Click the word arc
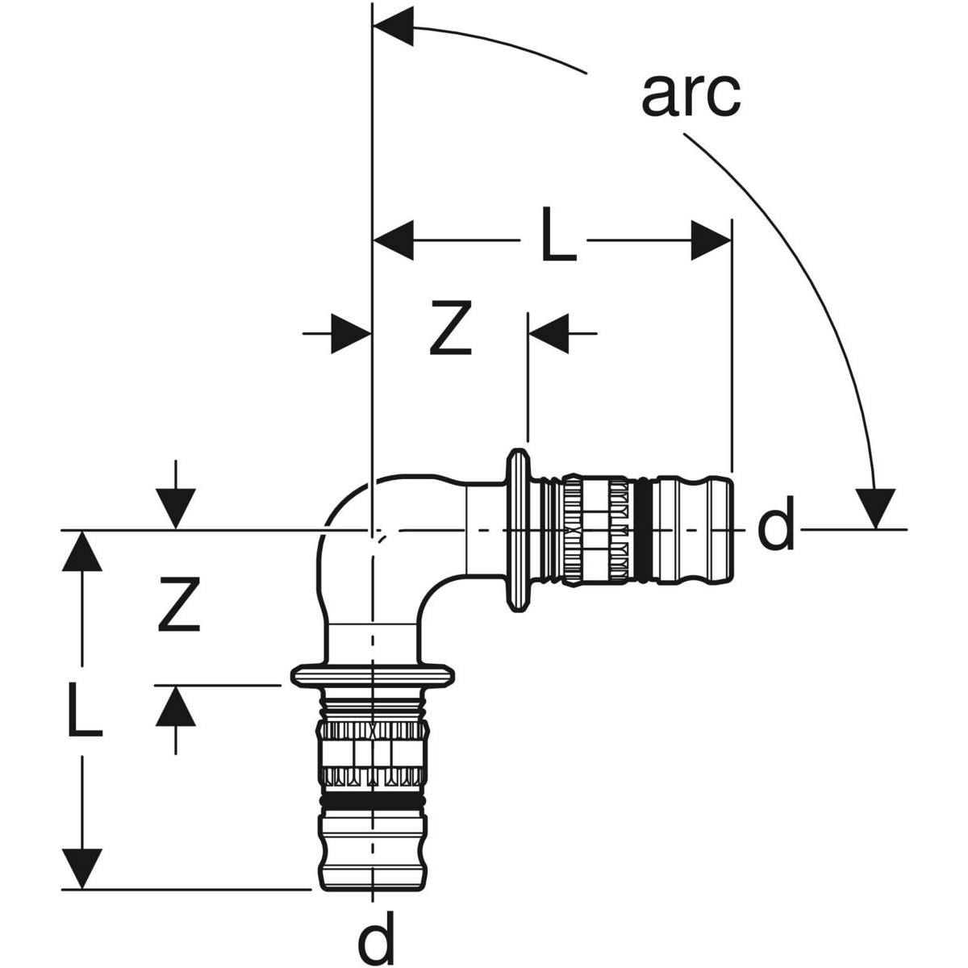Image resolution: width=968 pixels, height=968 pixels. (x=691, y=94)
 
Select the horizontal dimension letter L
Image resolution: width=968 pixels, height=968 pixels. (x=559, y=240)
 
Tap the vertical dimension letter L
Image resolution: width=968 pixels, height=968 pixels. (x=84, y=710)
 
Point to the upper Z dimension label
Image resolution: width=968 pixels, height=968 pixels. (x=450, y=329)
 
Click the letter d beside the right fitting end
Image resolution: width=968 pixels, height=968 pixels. (x=776, y=528)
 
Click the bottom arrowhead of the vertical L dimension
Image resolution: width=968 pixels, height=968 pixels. (x=84, y=867)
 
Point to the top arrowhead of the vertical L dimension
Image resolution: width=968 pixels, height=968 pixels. (x=84, y=552)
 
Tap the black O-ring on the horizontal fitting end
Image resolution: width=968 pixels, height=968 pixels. (x=643, y=529)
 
